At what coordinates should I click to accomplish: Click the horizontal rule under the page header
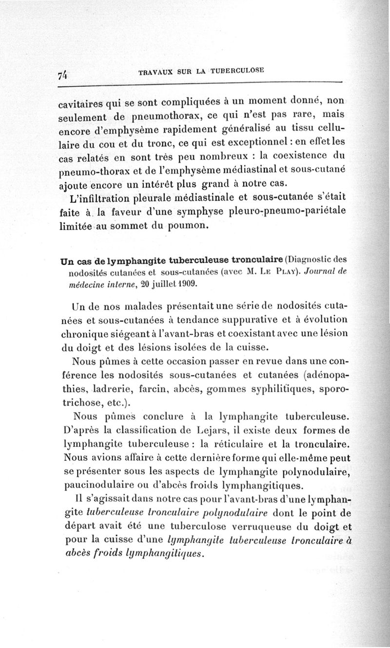(x=200, y=86)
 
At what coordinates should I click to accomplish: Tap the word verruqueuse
(x=244, y=528)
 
